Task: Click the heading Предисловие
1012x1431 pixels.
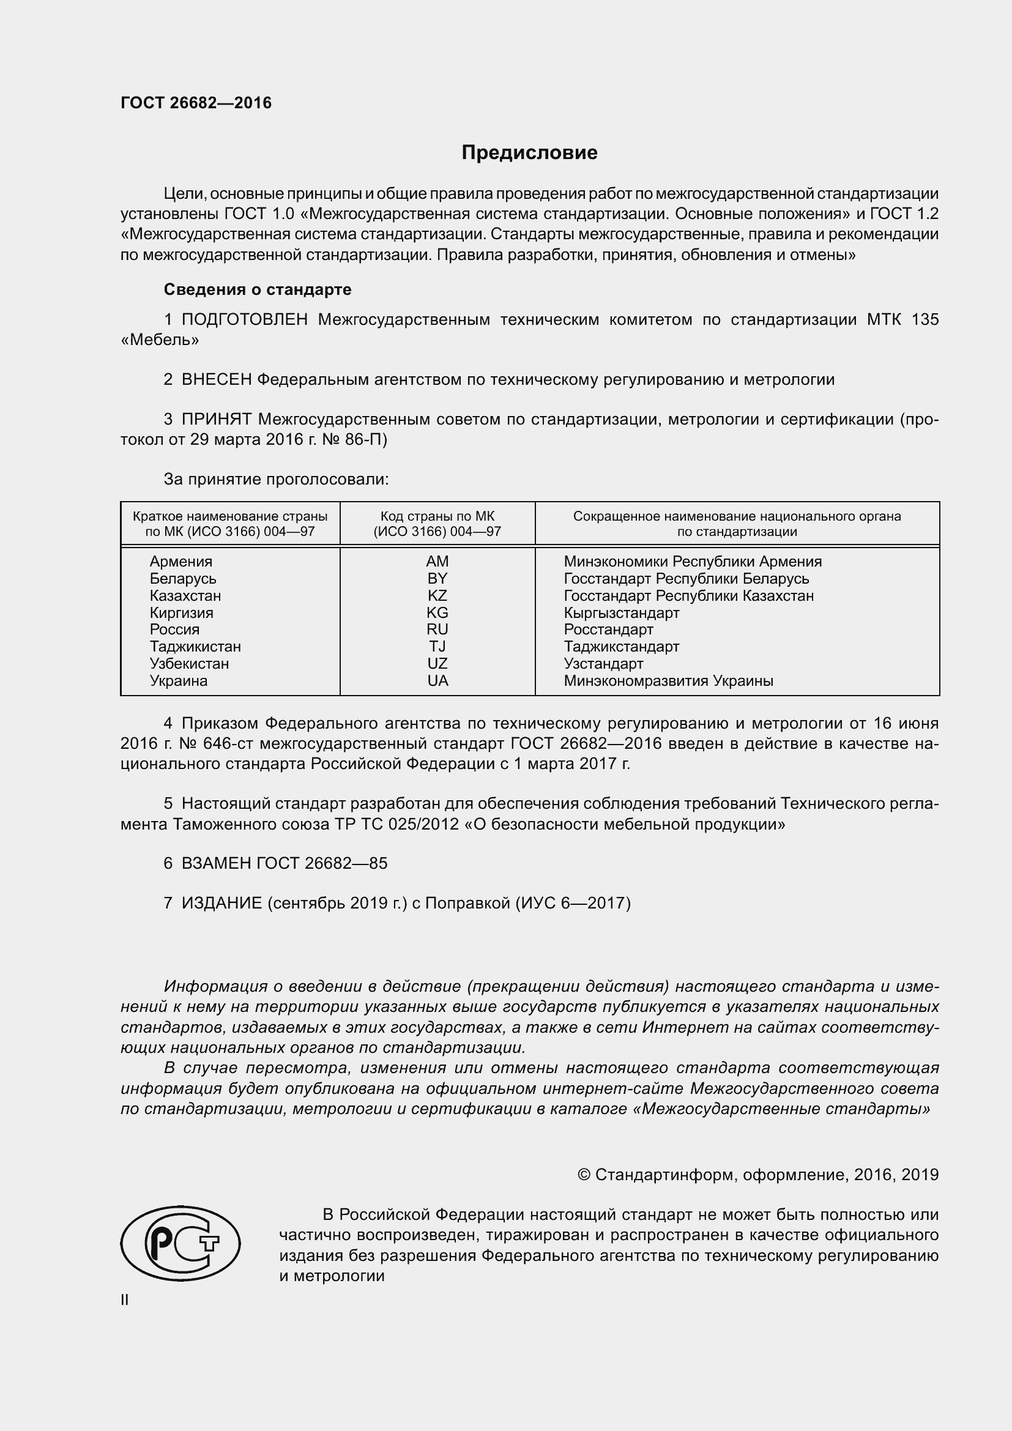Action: pos(529,153)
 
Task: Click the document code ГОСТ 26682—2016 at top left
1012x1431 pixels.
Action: pos(196,103)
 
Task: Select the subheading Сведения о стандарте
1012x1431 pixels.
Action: pos(258,289)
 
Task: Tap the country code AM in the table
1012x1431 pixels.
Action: pos(437,562)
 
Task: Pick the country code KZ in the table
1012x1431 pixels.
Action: pos(437,596)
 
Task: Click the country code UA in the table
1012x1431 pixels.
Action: pos(437,680)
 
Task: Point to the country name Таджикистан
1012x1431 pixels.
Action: pos(195,646)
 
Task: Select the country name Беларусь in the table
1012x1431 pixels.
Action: pos(182,578)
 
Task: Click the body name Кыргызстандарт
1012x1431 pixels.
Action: pos(621,612)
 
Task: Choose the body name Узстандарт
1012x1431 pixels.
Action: pos(603,664)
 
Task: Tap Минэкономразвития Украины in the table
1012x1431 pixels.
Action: pos(668,680)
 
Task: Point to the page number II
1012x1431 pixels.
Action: pos(125,1300)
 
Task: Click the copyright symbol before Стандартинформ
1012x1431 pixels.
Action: pos(584,1175)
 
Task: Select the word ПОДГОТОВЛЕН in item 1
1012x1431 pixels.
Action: pos(244,320)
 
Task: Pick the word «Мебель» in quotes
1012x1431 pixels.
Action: pos(160,340)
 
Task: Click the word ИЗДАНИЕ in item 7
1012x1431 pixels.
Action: pos(221,903)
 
